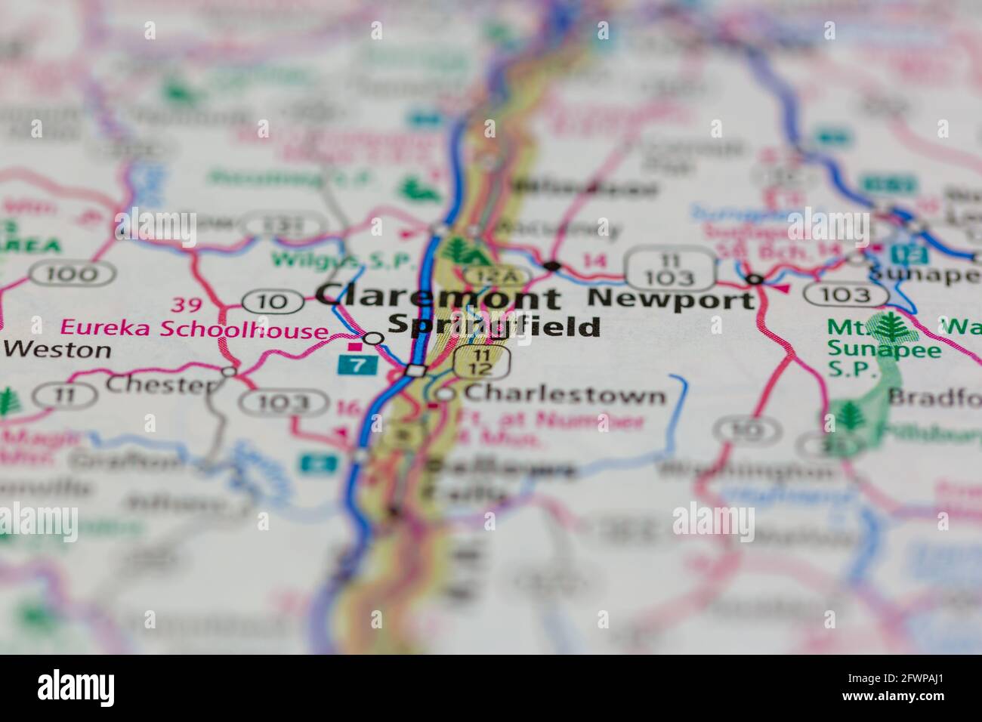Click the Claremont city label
(438, 297)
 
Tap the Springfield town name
(495, 326)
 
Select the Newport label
(671, 299)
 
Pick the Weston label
(57, 350)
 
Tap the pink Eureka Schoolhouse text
(193, 330)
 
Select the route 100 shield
(73, 273)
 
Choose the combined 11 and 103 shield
(670, 268)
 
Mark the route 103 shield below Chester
(279, 403)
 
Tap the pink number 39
(186, 305)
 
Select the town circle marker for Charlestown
(446, 394)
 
